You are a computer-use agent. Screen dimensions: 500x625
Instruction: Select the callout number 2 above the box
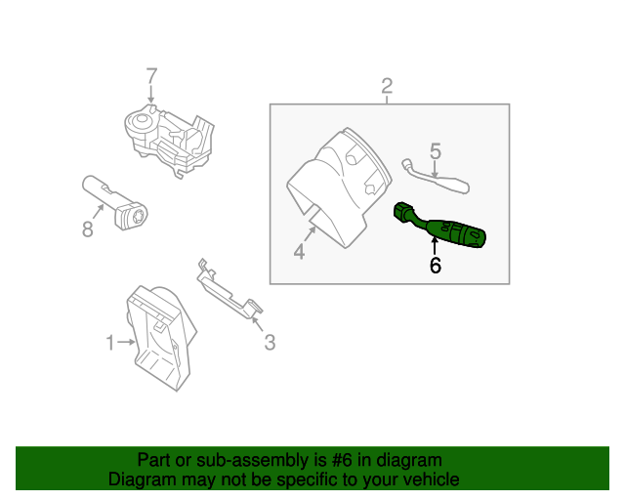[387, 86]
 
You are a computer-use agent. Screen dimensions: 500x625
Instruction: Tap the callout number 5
[436, 151]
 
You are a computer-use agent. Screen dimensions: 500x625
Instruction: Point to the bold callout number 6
[436, 265]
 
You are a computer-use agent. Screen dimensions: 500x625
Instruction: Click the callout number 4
[299, 252]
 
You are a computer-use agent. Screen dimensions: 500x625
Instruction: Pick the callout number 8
[87, 230]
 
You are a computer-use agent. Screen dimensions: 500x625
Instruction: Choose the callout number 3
[270, 342]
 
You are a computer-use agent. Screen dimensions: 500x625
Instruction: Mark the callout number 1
[110, 342]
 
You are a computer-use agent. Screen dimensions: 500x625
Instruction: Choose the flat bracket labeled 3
[227, 291]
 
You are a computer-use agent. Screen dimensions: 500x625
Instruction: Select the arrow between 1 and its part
[127, 342]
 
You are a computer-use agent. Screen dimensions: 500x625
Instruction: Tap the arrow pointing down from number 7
[151, 94]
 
